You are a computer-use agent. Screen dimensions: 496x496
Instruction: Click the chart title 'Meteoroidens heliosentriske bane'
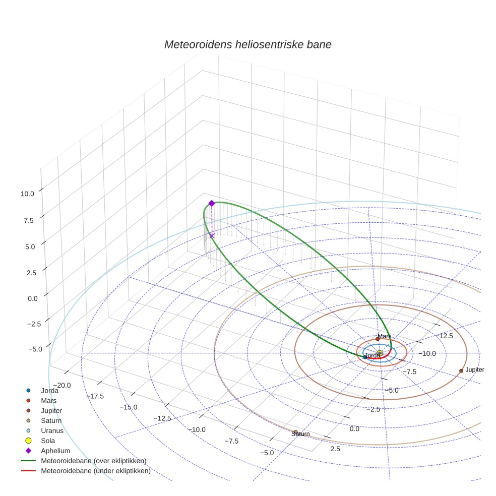pyautogui.click(x=247, y=44)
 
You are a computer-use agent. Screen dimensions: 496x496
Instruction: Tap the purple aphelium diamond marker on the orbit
pyautogui.click(x=212, y=203)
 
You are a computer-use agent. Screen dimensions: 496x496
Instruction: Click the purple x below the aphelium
pyautogui.click(x=212, y=235)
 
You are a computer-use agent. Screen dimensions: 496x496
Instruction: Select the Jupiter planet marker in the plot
pyautogui.click(x=461, y=370)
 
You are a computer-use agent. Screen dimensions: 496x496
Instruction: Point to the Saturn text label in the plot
pyautogui.click(x=300, y=434)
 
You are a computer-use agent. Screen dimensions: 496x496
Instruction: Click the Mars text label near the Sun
pyautogui.click(x=385, y=336)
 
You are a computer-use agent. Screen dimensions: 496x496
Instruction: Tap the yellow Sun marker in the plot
pyautogui.click(x=380, y=353)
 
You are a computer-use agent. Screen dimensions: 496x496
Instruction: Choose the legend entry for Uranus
pyautogui.click(x=52, y=430)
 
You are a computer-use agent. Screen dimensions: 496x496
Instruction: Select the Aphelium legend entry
pyautogui.click(x=55, y=451)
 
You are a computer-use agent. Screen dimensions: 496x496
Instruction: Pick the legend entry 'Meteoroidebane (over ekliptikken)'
pyautogui.click(x=93, y=461)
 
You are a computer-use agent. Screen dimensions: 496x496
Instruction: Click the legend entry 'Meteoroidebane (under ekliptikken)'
pyautogui.click(x=95, y=471)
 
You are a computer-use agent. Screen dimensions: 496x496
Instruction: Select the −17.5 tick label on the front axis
pyautogui.click(x=95, y=396)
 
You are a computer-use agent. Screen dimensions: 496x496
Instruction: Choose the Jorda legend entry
pyautogui.click(x=49, y=390)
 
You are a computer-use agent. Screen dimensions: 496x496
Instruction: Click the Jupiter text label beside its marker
pyautogui.click(x=474, y=370)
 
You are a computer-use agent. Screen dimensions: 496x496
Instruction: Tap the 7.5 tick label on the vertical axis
pyautogui.click(x=28, y=220)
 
